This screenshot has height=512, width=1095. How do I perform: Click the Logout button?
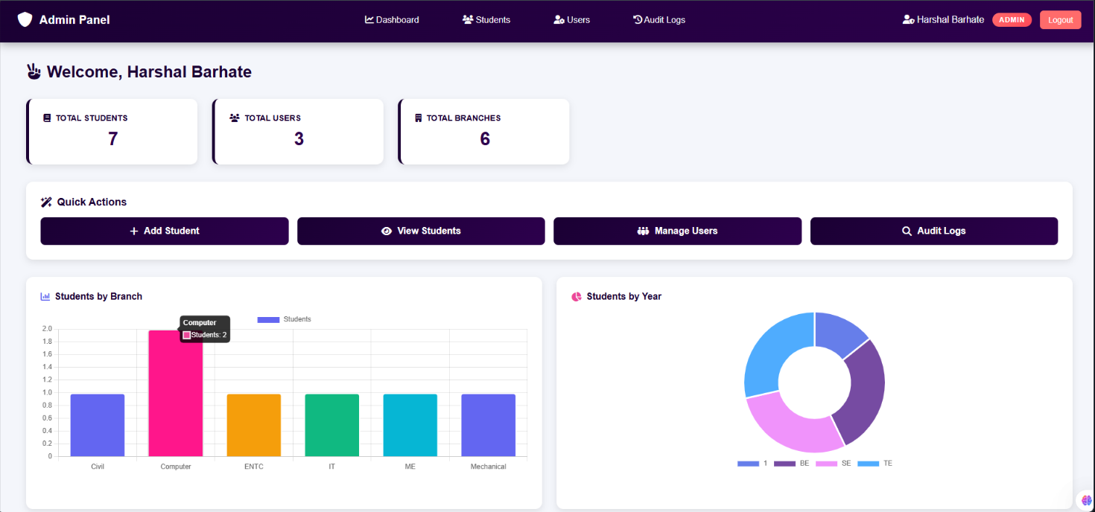click(x=1060, y=20)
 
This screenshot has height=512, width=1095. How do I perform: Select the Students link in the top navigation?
click(x=486, y=20)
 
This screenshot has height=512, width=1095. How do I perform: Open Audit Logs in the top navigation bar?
click(x=659, y=20)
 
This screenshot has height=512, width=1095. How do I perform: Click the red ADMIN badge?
click(x=1012, y=20)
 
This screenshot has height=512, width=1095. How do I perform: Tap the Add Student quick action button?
click(x=165, y=231)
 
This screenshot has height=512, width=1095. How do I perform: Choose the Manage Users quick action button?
click(x=677, y=231)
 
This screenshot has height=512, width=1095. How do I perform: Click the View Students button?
click(x=421, y=231)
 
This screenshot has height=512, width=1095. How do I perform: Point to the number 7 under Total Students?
click(x=112, y=139)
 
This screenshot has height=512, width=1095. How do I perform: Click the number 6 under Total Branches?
click(x=485, y=139)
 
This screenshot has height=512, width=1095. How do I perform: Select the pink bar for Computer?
click(x=176, y=394)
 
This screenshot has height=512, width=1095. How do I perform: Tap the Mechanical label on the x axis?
click(x=488, y=467)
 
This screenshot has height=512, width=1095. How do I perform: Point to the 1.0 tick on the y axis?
click(x=47, y=392)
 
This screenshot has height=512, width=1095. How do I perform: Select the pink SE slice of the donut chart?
click(x=790, y=424)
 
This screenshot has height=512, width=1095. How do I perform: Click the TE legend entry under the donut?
click(x=875, y=464)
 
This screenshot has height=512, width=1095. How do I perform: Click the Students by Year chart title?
click(x=623, y=296)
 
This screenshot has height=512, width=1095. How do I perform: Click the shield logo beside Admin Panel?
click(x=25, y=19)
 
